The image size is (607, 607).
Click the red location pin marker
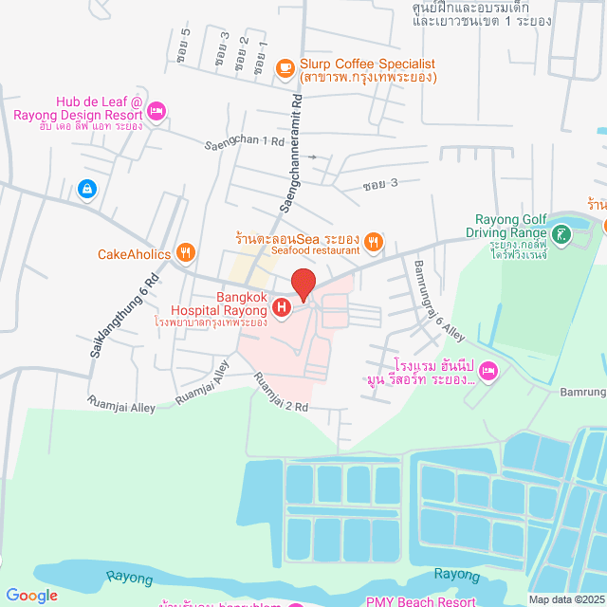click(303, 285)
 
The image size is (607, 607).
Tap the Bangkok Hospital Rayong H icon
click(282, 307)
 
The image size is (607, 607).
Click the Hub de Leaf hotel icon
click(157, 112)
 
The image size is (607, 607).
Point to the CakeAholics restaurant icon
click(187, 253)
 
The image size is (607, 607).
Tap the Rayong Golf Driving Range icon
click(561, 232)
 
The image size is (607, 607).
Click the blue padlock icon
click(87, 190)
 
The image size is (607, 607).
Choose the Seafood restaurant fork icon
click(375, 243)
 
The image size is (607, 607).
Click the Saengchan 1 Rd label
click(245, 143)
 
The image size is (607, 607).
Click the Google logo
click(31, 595)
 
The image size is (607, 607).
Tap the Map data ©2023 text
click(565, 598)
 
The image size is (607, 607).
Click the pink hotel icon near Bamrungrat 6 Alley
click(488, 370)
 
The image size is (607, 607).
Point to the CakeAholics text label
click(134, 254)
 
